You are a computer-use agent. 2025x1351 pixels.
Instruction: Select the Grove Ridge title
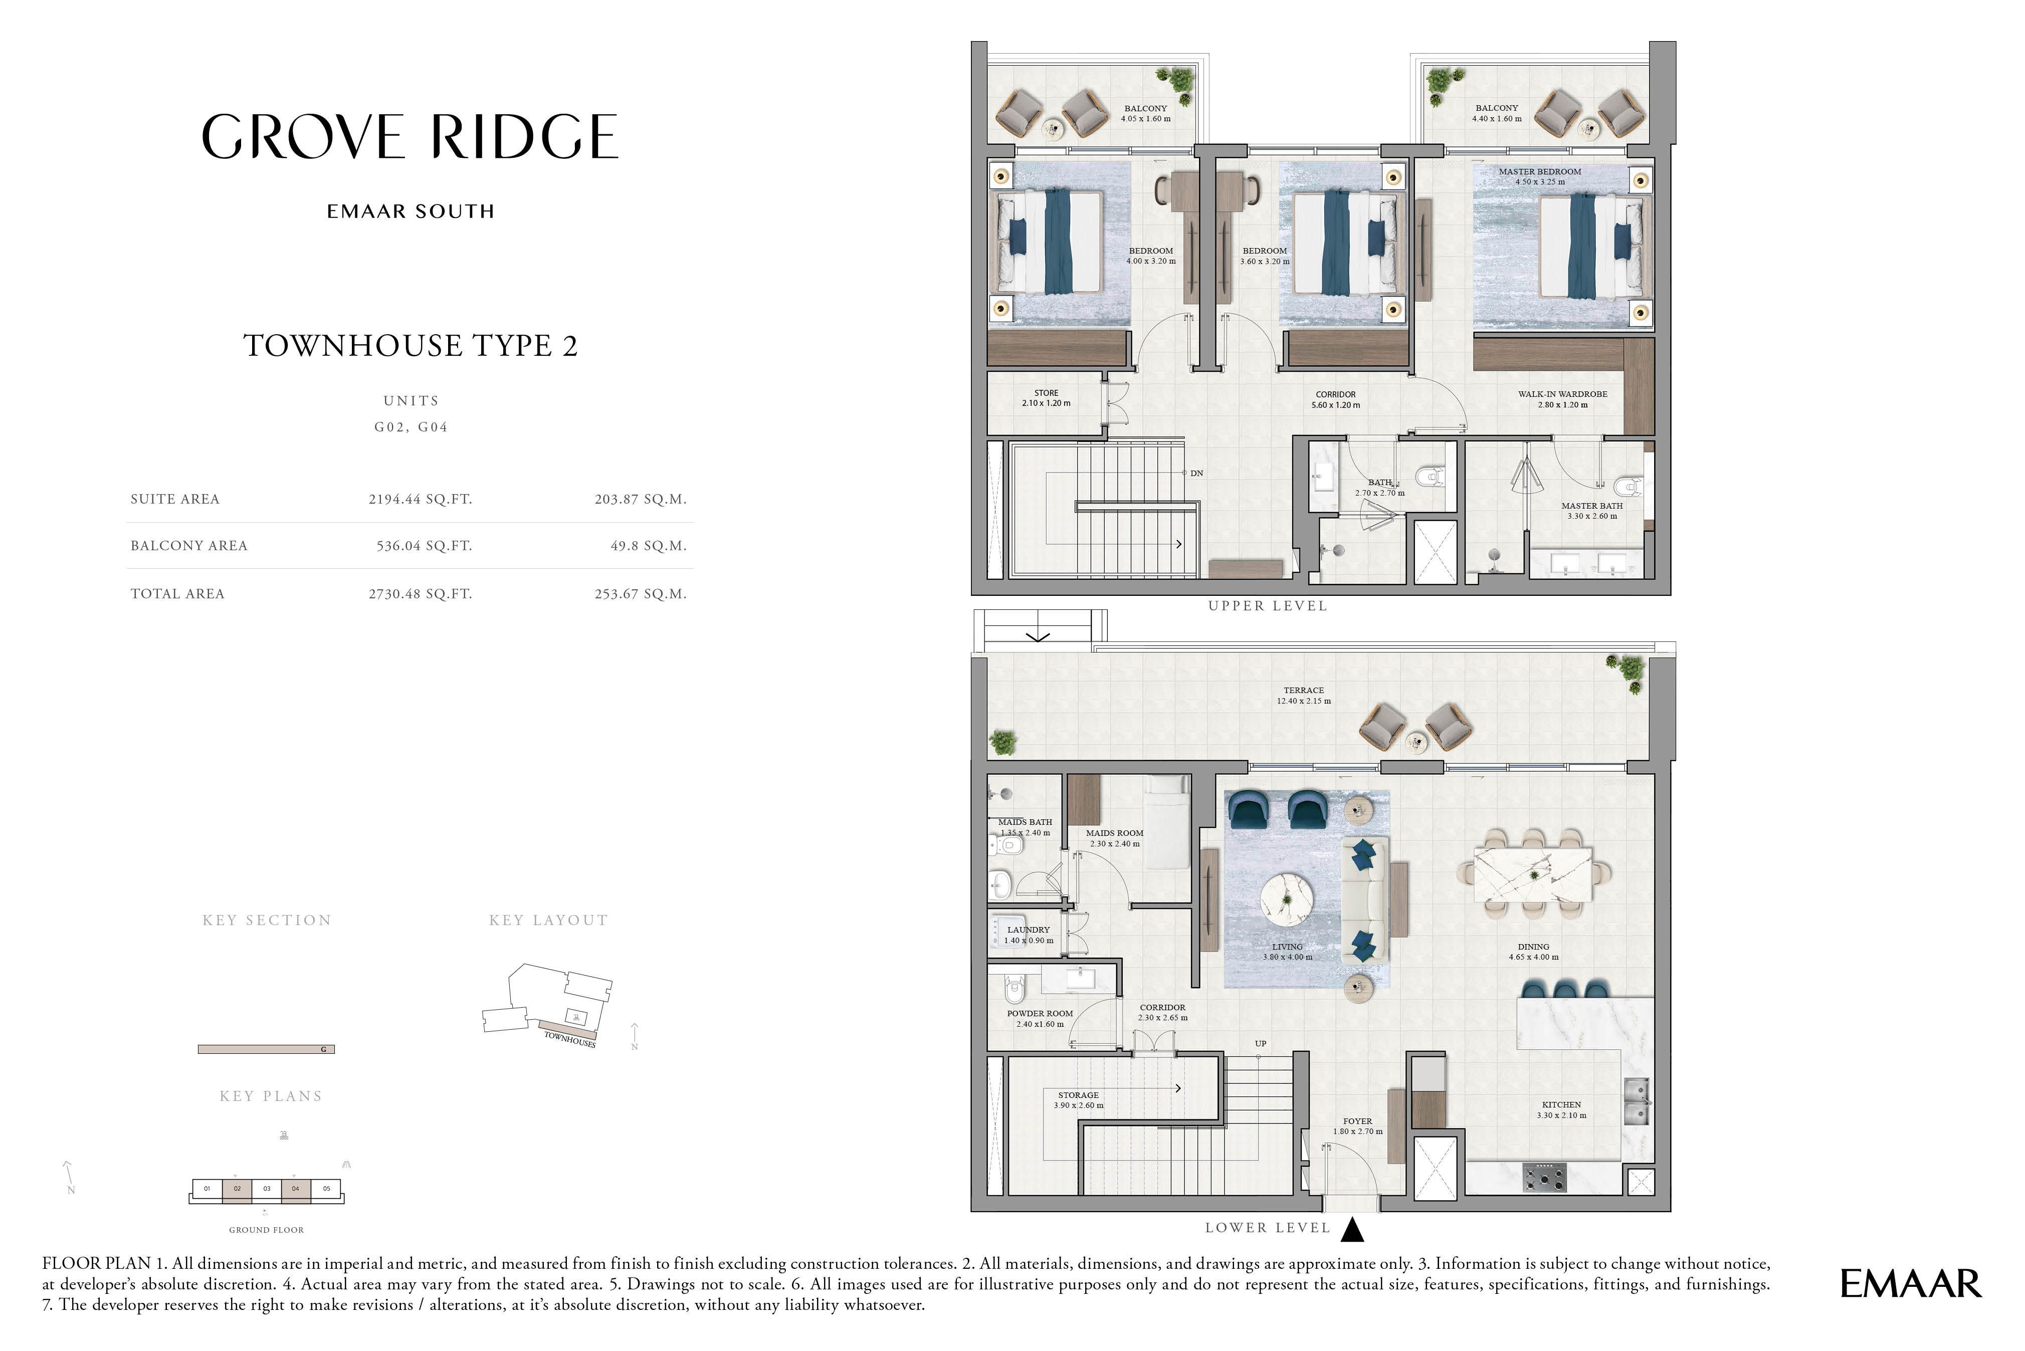point(410,136)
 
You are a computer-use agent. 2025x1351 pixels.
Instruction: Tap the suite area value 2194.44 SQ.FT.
point(421,499)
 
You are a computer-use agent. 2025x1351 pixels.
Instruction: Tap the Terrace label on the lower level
point(1304,690)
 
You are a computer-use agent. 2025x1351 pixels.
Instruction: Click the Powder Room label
point(1040,1013)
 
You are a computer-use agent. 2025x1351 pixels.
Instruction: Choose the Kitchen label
point(1561,1104)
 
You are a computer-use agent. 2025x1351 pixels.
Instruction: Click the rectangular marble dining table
point(1534,874)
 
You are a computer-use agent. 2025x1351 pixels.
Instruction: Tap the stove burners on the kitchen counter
point(1544,1177)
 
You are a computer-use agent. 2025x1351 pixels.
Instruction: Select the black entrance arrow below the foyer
point(1353,1230)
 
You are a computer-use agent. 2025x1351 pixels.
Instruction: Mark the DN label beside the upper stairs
point(1197,473)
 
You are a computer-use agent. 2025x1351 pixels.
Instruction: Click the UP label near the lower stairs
point(1261,1043)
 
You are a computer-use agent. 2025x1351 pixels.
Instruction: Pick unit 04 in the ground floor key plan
point(296,1189)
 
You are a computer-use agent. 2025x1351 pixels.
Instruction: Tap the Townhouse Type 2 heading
point(411,345)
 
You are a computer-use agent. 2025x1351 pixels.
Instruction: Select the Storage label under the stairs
point(1079,1095)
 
